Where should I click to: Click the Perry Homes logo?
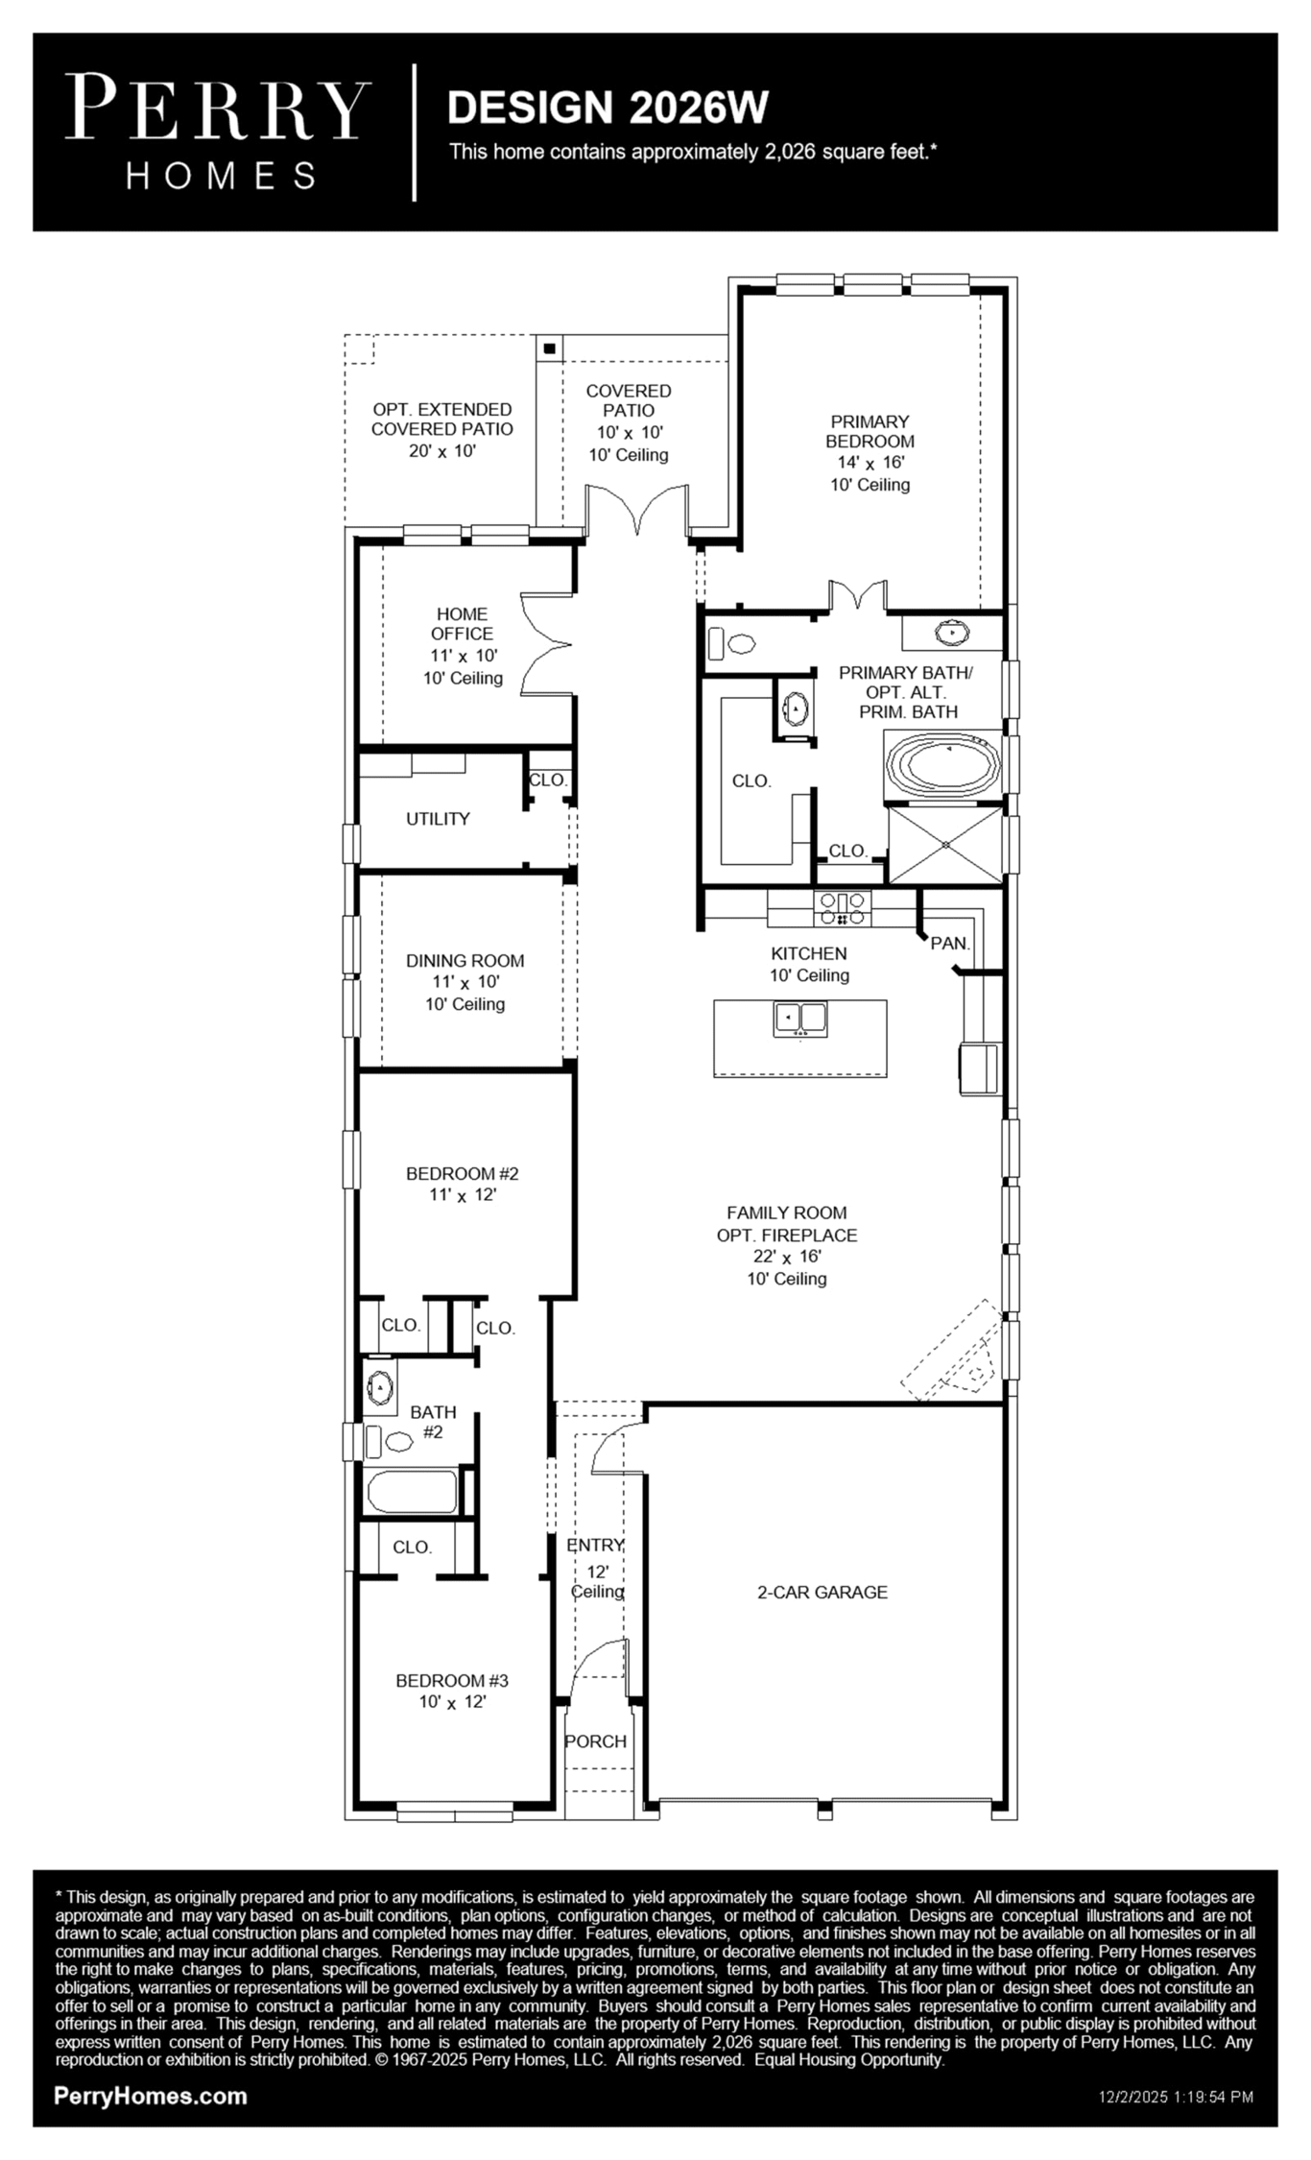pyautogui.click(x=219, y=132)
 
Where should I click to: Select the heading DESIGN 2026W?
pyautogui.click(x=608, y=107)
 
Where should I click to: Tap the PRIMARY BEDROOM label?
pyautogui.click(x=870, y=431)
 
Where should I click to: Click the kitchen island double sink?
pyautogui.click(x=800, y=1019)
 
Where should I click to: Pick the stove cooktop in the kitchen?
pyautogui.click(x=843, y=908)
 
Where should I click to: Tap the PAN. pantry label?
pyautogui.click(x=950, y=943)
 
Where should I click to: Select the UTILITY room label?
pyautogui.click(x=438, y=819)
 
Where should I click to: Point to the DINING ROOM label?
pyautogui.click(x=465, y=960)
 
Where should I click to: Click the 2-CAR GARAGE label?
pyautogui.click(x=822, y=1592)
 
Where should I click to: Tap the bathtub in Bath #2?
pyautogui.click(x=413, y=1491)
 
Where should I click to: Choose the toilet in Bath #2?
pyautogui.click(x=390, y=1440)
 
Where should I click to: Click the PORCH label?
pyautogui.click(x=595, y=1741)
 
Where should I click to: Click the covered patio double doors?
pyautogui.click(x=637, y=509)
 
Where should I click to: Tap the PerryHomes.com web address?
pyautogui.click(x=151, y=2096)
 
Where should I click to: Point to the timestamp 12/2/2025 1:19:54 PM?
pyautogui.click(x=1176, y=2098)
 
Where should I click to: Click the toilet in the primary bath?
pyautogui.click(x=731, y=642)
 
